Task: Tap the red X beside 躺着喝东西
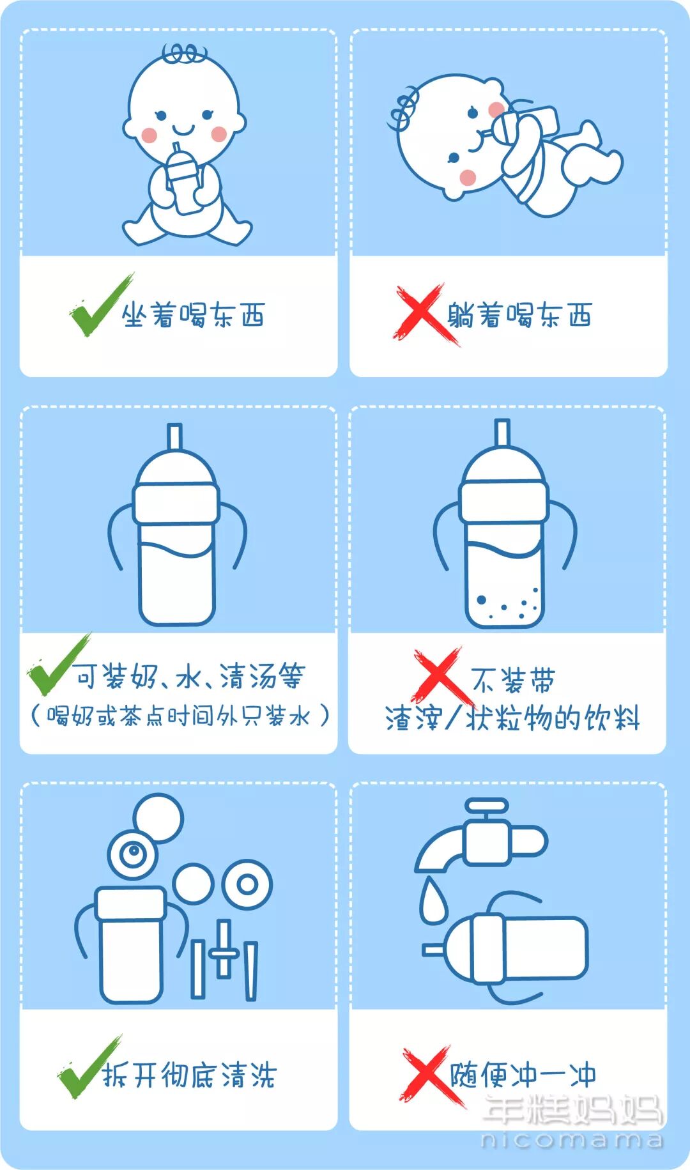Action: click(x=420, y=314)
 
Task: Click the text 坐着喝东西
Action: click(x=193, y=315)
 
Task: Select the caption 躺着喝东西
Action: click(x=519, y=315)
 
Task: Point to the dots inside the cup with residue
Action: click(x=505, y=606)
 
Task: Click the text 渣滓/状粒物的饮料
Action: click(x=512, y=718)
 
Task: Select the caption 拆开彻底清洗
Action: click(x=190, y=1075)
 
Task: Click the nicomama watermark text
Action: click(x=571, y=1139)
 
